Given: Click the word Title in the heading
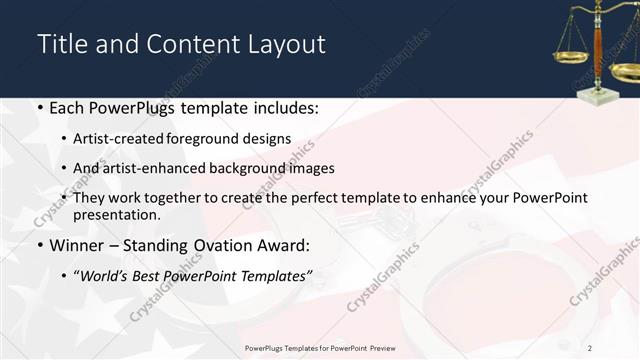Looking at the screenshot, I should click(x=61, y=45).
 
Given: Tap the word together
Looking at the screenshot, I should click(x=173, y=198).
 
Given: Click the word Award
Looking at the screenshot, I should click(x=283, y=245).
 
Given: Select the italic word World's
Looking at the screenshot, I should click(x=107, y=275).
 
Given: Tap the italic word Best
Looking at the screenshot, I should click(x=150, y=275).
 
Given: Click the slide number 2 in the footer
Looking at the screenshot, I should click(x=590, y=347).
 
